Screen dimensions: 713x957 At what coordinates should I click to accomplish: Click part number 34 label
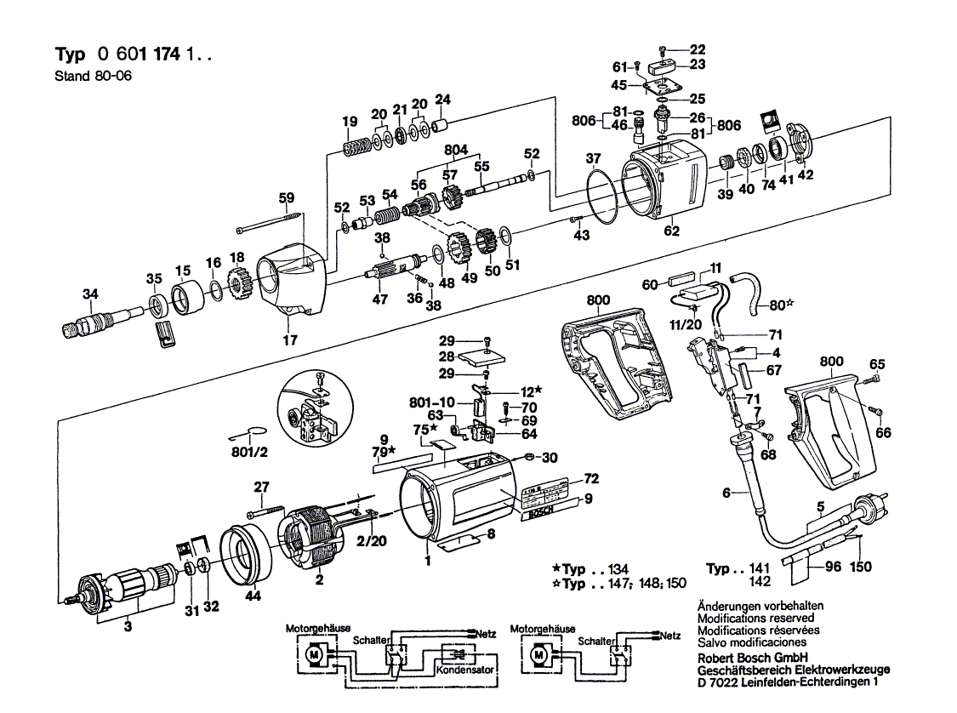[89, 294]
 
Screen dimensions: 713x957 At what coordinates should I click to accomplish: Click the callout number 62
[672, 229]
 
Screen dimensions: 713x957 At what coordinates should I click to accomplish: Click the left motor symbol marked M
[314, 655]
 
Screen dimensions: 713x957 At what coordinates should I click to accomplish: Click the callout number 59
[287, 199]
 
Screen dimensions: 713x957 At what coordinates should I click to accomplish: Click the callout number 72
[591, 477]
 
